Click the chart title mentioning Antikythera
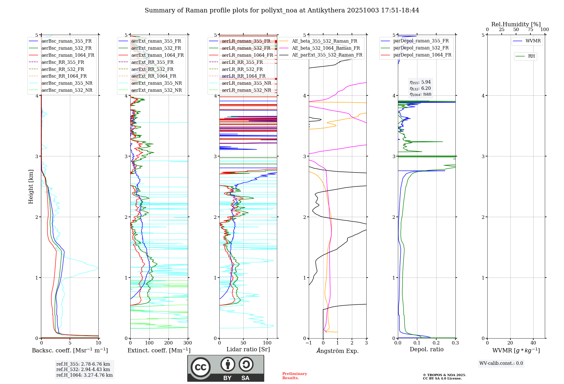click(x=282, y=10)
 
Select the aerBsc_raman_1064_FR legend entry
click(x=68, y=55)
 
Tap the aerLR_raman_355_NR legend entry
click(x=246, y=83)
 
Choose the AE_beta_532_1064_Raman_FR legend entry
click(x=326, y=48)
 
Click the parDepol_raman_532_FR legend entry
click(x=421, y=48)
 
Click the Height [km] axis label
click(x=31, y=187)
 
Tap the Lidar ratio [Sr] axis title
click(x=248, y=349)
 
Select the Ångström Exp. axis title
click(x=338, y=351)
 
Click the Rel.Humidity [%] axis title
click(x=516, y=24)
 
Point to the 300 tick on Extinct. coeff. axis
click(x=188, y=343)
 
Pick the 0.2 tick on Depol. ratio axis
click(x=436, y=343)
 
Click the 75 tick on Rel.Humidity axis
click(x=530, y=30)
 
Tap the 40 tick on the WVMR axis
click(x=533, y=343)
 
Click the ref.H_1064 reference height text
click(x=84, y=375)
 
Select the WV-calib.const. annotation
click(x=501, y=363)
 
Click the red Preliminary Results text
click(x=294, y=376)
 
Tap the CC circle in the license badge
click(x=201, y=367)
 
